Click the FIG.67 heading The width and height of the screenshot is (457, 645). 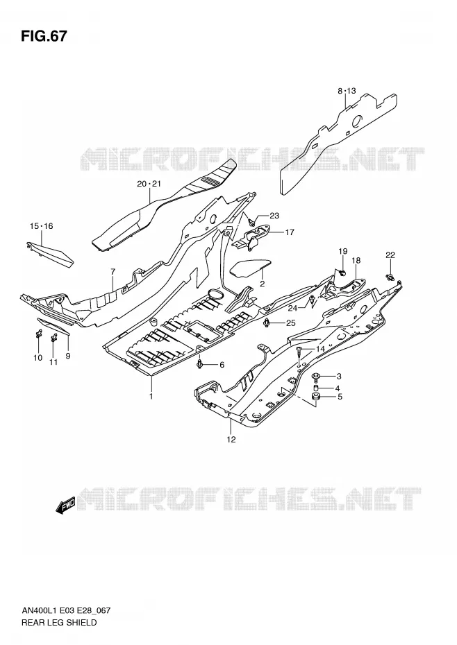44,36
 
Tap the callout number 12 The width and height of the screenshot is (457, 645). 231,439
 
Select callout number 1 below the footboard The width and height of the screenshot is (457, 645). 151,396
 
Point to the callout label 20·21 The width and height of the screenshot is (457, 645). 149,184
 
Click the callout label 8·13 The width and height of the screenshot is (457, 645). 347,91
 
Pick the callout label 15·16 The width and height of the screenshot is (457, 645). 41,226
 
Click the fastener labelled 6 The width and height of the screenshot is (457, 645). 200,363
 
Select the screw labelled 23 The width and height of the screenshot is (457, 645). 251,221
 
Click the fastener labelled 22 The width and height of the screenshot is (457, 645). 389,277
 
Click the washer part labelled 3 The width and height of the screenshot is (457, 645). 317,375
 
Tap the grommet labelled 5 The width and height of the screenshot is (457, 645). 317,397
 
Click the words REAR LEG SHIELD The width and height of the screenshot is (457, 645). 58,622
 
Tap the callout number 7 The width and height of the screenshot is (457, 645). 113,271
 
